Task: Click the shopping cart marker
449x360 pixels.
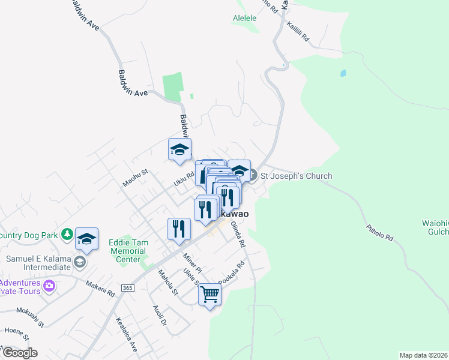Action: click(x=209, y=294)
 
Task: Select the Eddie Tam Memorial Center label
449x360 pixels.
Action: click(x=128, y=251)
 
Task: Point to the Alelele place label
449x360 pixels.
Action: click(x=245, y=18)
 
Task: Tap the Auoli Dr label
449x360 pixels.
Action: click(x=159, y=316)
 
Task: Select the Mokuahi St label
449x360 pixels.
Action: click(x=30, y=318)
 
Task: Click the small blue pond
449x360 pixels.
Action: click(x=343, y=74)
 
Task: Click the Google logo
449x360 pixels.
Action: click(x=20, y=353)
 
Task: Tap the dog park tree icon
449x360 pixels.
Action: click(x=68, y=233)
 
